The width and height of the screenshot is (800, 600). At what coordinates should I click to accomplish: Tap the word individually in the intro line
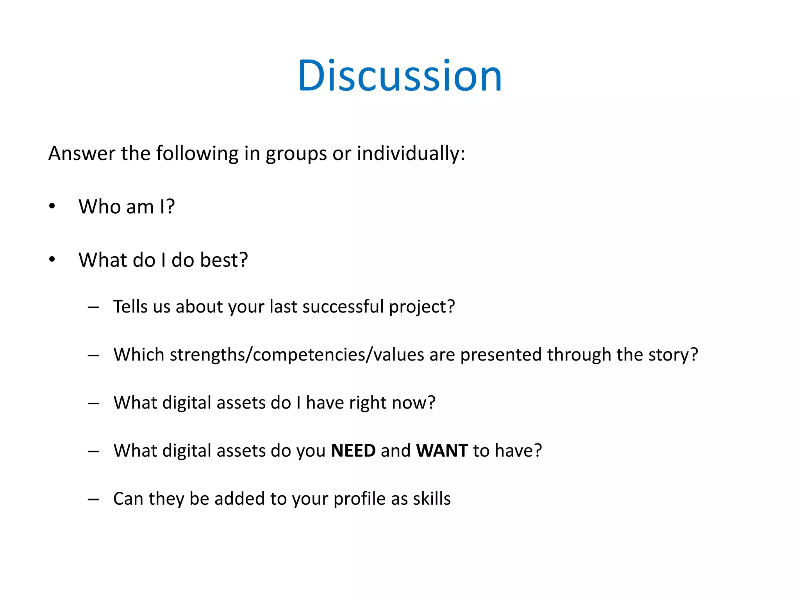411,153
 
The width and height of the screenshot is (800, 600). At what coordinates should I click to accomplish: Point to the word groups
296,154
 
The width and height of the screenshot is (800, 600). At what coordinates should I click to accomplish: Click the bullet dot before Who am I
52,206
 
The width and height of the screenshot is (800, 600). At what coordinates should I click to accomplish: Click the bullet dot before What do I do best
52,259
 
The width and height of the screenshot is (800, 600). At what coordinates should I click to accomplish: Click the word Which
139,354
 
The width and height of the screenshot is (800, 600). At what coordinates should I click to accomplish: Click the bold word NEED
353,450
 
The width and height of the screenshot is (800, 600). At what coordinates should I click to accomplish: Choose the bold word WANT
442,450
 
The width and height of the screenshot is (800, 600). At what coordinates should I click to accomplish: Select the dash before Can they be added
93,499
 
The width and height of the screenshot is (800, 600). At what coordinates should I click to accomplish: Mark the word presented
501,355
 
